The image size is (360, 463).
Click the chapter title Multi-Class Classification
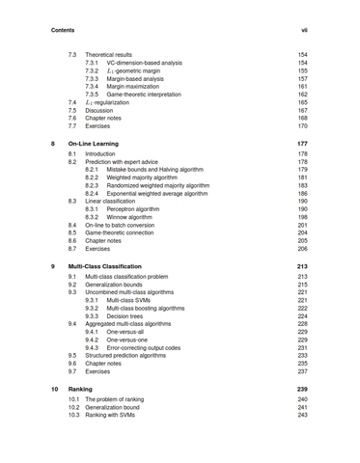(x=124, y=266)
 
